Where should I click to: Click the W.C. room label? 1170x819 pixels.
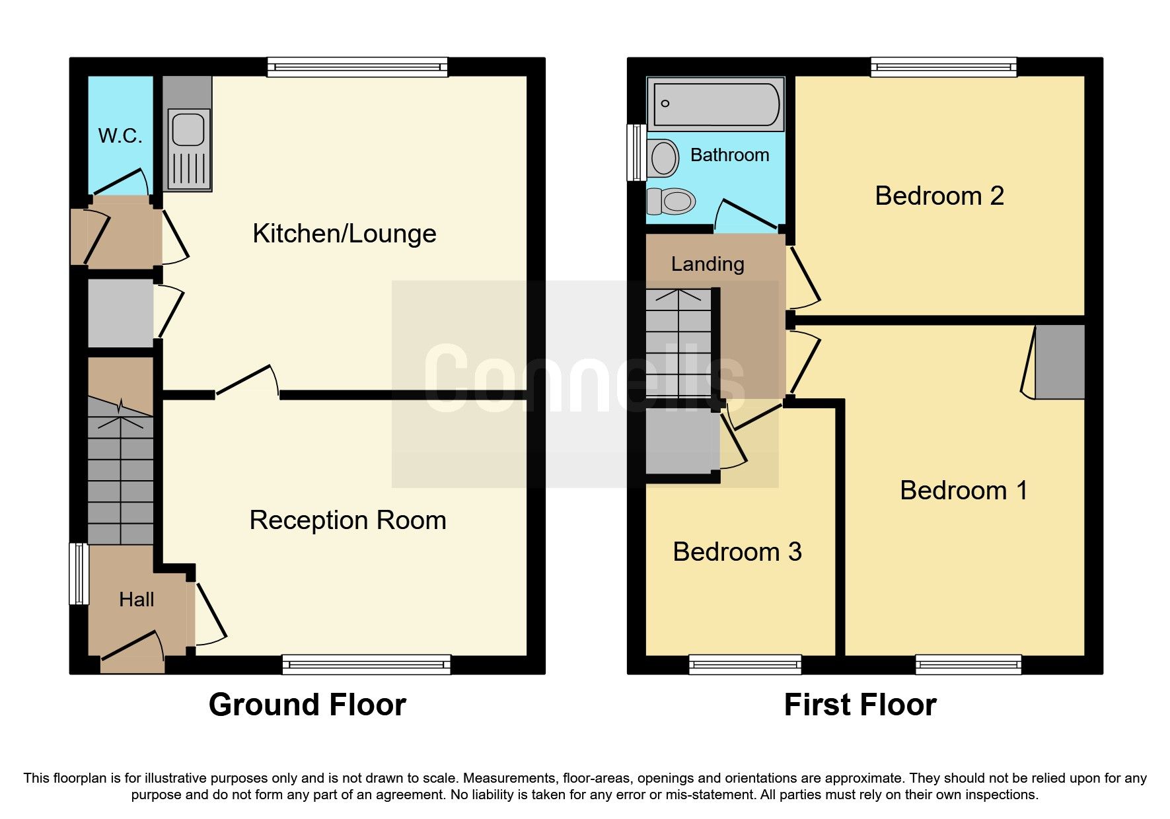(120, 136)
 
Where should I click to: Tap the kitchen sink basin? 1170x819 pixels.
(188, 129)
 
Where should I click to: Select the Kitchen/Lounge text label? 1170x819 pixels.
(344, 234)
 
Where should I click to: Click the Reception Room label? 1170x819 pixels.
(347, 520)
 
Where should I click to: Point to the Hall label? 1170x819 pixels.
(136, 600)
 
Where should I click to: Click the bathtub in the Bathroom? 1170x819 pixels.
(715, 104)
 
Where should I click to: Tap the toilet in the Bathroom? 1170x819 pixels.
(672, 201)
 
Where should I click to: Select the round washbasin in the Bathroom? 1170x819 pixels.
(663, 159)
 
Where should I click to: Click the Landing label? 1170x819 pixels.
(708, 264)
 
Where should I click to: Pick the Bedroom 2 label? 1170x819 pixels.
(939, 196)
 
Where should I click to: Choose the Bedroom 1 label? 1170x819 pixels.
(963, 491)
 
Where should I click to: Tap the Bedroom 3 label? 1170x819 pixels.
(737, 552)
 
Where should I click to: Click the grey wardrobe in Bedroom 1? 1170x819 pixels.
(1060, 363)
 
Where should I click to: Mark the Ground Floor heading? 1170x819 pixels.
(307, 705)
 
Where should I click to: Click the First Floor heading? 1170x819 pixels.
(859, 705)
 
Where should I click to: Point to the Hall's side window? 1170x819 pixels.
(79, 574)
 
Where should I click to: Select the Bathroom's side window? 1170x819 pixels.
(637, 152)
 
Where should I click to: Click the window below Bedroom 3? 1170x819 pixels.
(745, 664)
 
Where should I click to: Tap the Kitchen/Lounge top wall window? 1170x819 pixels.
(357, 67)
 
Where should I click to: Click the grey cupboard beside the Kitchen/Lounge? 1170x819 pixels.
(120, 313)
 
